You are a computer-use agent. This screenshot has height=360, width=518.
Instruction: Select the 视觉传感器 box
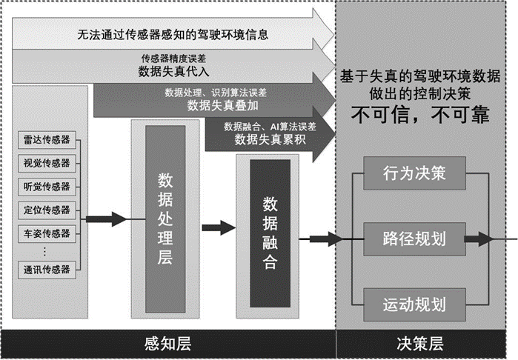[47, 163]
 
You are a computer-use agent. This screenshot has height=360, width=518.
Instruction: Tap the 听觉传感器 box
[47, 186]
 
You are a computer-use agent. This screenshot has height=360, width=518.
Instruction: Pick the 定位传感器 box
[47, 210]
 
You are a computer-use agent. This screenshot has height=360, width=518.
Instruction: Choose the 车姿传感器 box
[47, 233]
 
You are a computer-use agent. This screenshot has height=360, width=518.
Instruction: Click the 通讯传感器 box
[47, 270]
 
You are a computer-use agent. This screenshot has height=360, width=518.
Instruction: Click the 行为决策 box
[414, 176]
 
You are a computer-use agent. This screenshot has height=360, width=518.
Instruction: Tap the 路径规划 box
[414, 239]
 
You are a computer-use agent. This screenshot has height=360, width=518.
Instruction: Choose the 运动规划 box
[414, 303]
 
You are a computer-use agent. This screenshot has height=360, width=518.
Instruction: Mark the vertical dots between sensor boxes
[47, 252]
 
